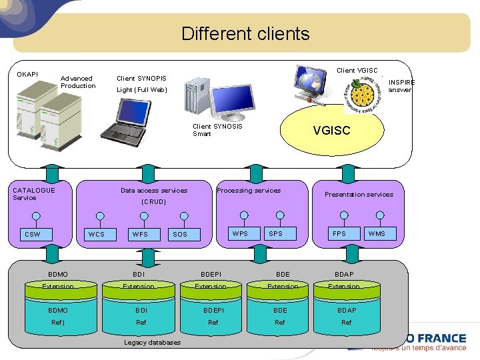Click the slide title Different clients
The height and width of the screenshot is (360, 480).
[x=245, y=33]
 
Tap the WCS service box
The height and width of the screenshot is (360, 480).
[x=96, y=234]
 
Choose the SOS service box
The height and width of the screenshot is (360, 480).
[x=180, y=234]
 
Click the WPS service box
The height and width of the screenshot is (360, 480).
[x=239, y=233]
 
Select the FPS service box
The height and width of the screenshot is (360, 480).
[x=339, y=233]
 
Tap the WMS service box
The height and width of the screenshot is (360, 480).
[x=377, y=233]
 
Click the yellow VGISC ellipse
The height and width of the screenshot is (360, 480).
[x=331, y=130]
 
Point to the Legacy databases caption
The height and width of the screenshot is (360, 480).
[x=152, y=343]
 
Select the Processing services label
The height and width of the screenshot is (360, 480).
[x=249, y=191]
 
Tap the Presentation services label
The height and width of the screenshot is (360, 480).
[x=359, y=195]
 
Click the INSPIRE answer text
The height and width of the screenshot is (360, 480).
[x=401, y=86]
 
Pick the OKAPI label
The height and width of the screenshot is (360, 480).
[x=27, y=74]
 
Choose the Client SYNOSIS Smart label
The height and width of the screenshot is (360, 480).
[x=217, y=130]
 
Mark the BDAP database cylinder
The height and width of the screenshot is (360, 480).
[x=346, y=309]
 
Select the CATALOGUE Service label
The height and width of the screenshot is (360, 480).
[x=34, y=194]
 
